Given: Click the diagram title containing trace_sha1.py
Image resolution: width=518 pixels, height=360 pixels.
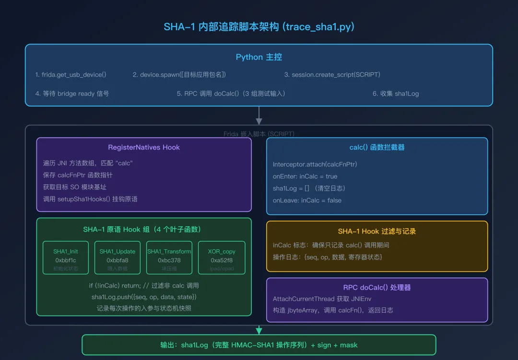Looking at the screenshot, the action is tap(259, 27).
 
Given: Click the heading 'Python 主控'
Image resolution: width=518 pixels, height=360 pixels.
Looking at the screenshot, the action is tap(259, 57).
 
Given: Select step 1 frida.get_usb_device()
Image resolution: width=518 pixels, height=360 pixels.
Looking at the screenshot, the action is tap(71, 75).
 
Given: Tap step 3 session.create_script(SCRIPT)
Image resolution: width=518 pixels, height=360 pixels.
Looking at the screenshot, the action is tap(332, 75).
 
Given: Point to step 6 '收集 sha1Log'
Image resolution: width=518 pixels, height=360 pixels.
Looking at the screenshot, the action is tap(396, 93).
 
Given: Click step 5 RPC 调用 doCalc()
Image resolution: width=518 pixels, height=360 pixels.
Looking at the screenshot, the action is tap(231, 93).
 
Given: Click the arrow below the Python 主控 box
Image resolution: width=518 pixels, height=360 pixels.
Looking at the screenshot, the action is tap(259, 116).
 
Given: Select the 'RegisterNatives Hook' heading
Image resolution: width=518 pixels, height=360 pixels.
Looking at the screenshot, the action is tap(144, 147).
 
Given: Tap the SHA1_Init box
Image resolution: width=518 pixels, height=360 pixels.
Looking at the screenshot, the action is tap(66, 257).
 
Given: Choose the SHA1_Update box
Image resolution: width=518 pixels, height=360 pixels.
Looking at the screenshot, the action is tap(118, 257).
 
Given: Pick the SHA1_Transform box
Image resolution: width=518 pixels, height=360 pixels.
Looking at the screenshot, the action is tap(169, 257).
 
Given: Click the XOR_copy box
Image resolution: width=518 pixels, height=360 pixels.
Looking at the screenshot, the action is tap(221, 257).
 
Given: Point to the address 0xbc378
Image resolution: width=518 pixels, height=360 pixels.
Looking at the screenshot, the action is tap(169, 260).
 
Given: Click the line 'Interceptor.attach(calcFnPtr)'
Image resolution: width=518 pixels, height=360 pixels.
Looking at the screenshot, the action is tap(315, 164).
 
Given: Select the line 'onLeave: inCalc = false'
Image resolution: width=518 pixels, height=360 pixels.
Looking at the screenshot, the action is tap(307, 200).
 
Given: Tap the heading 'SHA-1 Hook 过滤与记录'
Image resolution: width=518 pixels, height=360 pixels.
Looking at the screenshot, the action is tap(377, 231).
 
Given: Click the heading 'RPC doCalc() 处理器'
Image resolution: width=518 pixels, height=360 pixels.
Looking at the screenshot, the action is tap(377, 288).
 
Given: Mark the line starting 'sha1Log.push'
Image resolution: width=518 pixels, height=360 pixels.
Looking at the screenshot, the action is tap(144, 297).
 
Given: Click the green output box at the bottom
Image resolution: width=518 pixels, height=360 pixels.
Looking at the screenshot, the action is tap(259, 345).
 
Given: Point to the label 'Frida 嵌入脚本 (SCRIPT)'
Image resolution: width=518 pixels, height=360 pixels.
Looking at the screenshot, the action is tap(259, 134).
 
